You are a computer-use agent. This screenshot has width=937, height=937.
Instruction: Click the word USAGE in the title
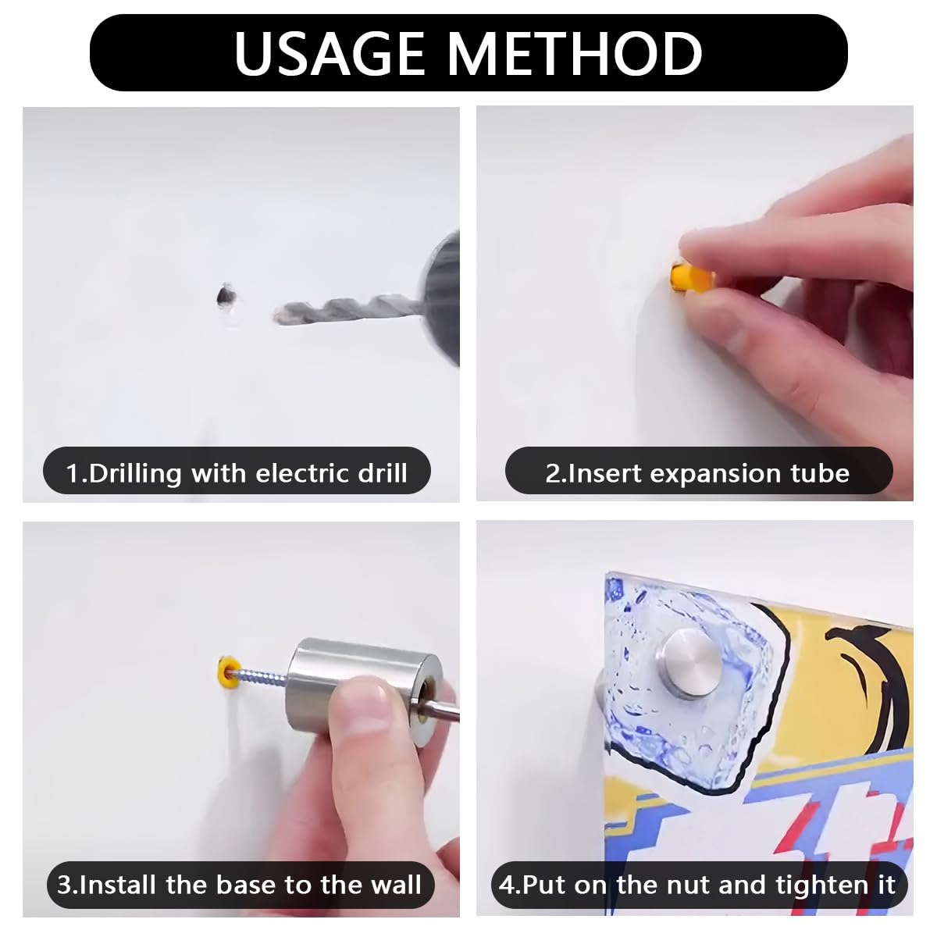[x=330, y=53]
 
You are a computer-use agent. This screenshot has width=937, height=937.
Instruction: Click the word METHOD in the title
[x=575, y=53]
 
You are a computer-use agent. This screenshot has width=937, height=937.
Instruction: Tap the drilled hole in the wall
[x=225, y=295]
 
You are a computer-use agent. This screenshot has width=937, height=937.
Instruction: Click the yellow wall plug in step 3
[x=227, y=672]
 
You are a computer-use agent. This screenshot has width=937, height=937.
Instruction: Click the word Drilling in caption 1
[x=134, y=474]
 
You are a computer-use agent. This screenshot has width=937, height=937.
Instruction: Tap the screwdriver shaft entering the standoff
[x=440, y=710]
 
